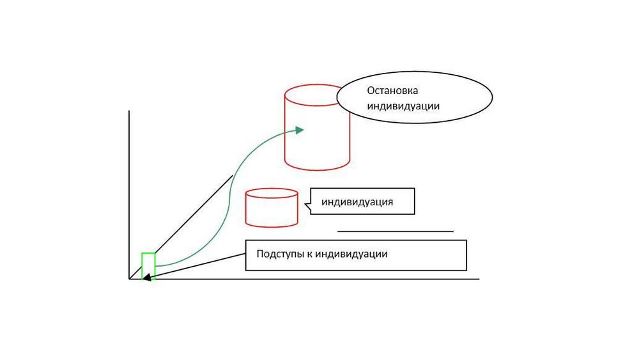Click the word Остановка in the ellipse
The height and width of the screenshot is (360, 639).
392,91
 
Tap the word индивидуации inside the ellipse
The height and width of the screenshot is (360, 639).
403,106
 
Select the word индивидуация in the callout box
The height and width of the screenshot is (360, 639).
357,202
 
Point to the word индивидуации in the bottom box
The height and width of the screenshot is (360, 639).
351,254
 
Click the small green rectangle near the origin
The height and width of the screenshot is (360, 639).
148,253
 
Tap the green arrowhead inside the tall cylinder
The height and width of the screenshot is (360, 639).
300,130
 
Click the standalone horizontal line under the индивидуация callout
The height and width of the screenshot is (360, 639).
396,231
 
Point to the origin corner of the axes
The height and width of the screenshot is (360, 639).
129,279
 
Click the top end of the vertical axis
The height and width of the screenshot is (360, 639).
129,111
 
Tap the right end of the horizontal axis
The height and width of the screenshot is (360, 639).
479,279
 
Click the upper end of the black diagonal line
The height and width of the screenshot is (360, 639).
233,176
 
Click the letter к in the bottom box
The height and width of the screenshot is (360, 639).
309,254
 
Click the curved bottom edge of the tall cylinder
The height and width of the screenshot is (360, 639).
317,169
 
